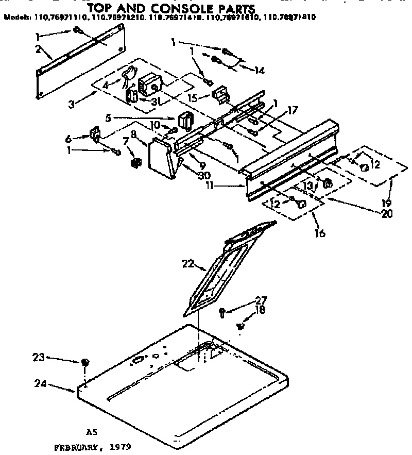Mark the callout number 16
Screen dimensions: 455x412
(x=320, y=233)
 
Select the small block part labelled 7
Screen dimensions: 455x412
(x=135, y=163)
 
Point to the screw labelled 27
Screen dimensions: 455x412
(x=222, y=311)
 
